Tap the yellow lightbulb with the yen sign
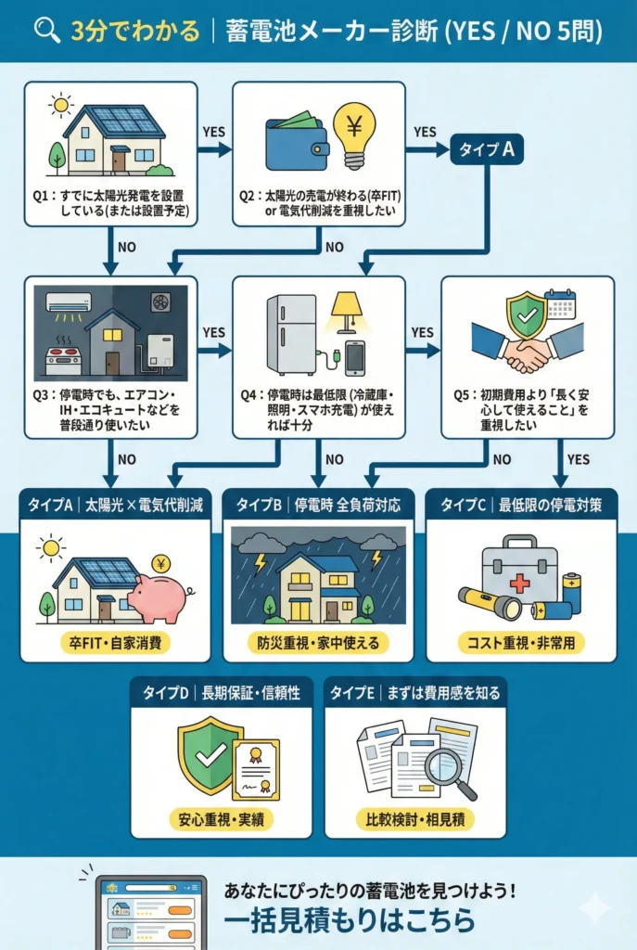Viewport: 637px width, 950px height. pos(353,135)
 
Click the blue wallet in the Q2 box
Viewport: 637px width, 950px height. pos(294,147)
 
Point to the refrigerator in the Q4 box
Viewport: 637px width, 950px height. pos(291,334)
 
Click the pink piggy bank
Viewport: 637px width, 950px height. pos(158,595)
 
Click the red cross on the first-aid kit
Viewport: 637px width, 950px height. pos(519,582)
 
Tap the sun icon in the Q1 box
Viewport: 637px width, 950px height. pos(61,105)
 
